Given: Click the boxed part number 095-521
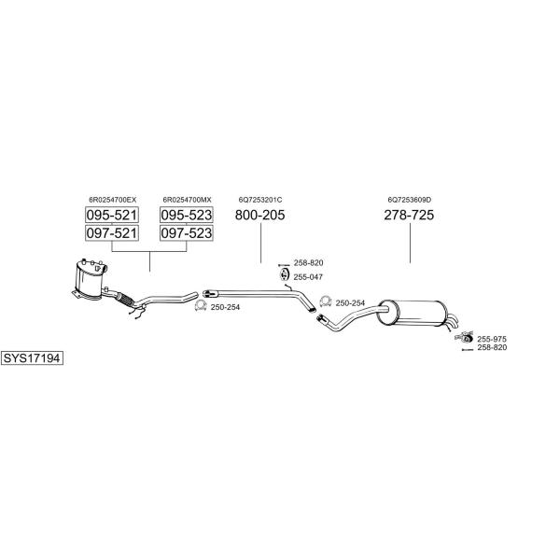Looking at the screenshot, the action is (112, 215).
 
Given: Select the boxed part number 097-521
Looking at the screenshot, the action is (112, 232).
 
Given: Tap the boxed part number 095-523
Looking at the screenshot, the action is (187, 215).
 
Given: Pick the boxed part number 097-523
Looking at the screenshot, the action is (187, 232).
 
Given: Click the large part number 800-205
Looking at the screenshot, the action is (260, 215).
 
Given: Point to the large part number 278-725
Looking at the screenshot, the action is (409, 215).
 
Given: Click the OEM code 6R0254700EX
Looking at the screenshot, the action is (113, 200).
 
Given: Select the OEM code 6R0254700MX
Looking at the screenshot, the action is (187, 200).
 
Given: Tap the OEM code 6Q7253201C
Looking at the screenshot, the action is (260, 200).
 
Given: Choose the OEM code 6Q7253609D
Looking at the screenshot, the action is (410, 200).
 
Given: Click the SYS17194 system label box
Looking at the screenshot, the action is (32, 357).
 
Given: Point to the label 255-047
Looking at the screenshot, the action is (308, 277).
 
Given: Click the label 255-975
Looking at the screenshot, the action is (492, 339).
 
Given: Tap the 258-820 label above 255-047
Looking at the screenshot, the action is (308, 263).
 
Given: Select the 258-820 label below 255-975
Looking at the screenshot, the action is (492, 347).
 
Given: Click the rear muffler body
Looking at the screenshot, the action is (412, 314).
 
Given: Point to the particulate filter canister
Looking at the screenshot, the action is (90, 278).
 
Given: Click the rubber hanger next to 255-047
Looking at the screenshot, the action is (284, 274).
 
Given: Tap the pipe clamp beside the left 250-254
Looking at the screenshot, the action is (201, 306).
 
